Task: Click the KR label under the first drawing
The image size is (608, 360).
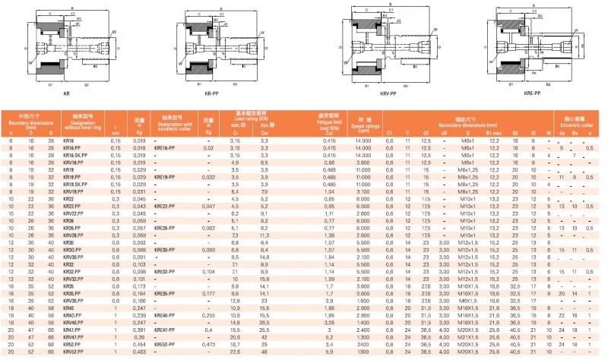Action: coord(66,93)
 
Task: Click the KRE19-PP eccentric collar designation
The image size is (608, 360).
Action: coord(166,177)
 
